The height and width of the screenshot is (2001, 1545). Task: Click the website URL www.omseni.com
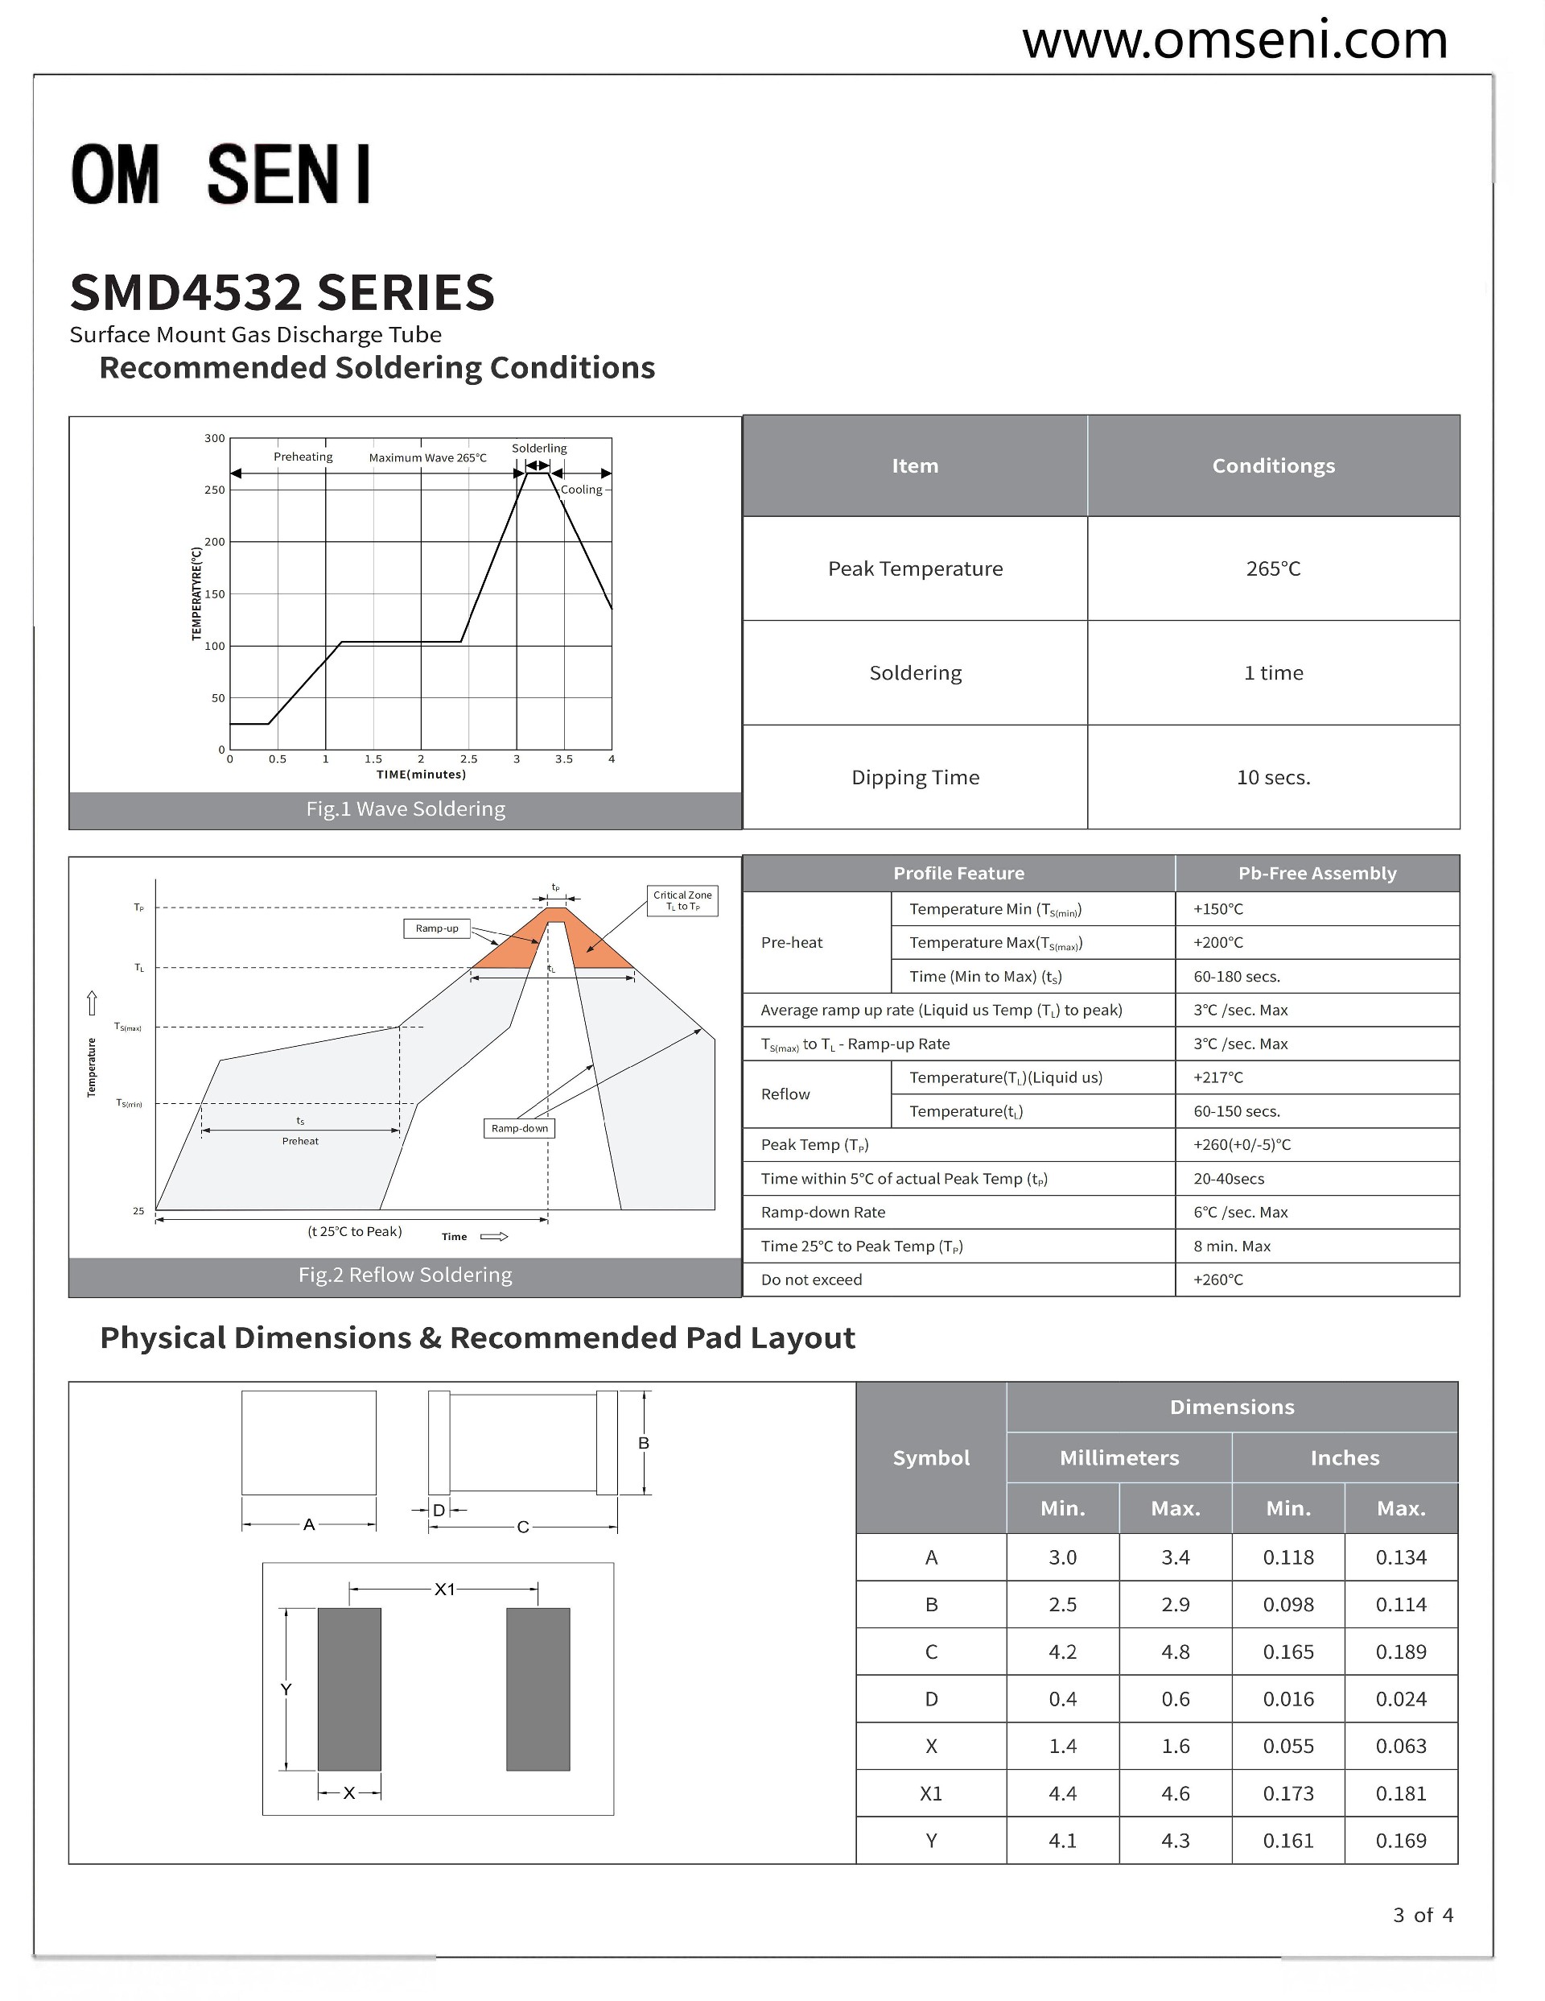click(1234, 41)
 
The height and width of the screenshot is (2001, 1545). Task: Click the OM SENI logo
click(221, 174)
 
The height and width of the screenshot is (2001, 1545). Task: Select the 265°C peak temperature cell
click(1272, 569)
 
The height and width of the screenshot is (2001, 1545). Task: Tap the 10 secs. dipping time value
click(1272, 778)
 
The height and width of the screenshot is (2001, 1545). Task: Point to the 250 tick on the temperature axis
click(214, 490)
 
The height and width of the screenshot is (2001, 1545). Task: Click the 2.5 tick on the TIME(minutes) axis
click(468, 759)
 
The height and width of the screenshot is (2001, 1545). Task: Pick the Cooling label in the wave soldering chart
click(582, 490)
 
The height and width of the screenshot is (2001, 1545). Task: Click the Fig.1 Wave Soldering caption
click(405, 809)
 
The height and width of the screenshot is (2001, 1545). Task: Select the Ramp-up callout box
click(437, 929)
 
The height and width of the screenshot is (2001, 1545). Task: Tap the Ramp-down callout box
click(519, 1129)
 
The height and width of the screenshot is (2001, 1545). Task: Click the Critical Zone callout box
click(682, 900)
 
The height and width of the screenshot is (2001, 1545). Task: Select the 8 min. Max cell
click(1231, 1246)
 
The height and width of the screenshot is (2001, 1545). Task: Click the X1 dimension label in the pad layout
click(444, 1590)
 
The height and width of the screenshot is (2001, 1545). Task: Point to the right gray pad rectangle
click(538, 1689)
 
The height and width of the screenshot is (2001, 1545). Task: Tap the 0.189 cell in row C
click(1400, 1652)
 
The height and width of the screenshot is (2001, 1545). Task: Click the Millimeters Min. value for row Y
click(1062, 1841)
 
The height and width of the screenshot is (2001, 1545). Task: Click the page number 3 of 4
click(1422, 1916)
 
